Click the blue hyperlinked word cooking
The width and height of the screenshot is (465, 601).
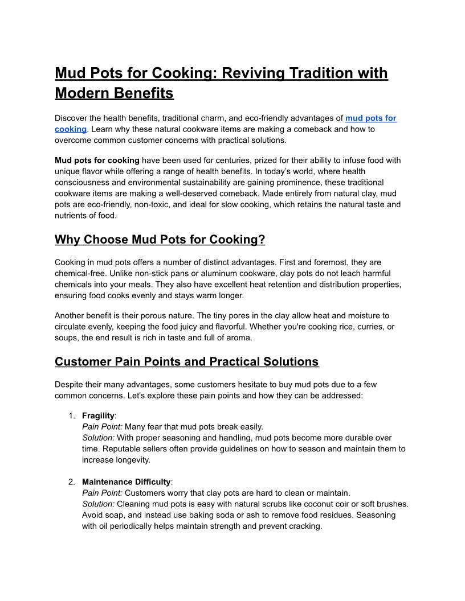(70, 129)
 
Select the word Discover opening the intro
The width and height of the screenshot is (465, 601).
(73, 118)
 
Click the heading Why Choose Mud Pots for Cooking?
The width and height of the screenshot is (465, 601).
(160, 240)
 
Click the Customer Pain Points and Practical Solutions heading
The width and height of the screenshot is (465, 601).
(186, 362)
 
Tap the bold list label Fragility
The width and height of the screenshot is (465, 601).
(98, 416)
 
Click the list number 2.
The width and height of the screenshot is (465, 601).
(71, 482)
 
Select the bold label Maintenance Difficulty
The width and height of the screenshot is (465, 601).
(126, 482)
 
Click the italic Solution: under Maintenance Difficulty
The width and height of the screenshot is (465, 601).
(98, 504)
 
